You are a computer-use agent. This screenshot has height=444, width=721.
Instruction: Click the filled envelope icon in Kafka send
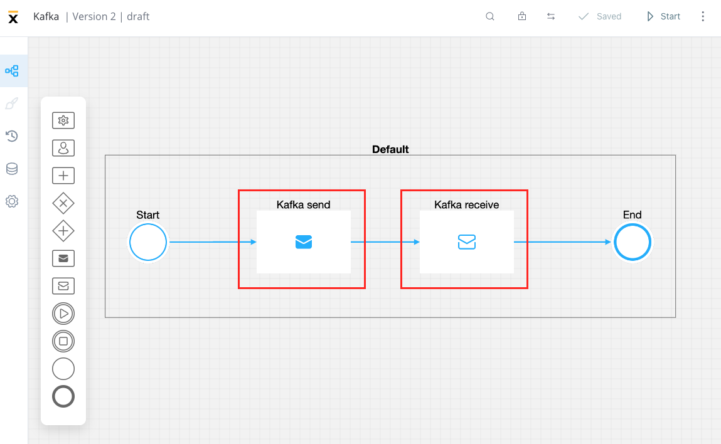pos(304,242)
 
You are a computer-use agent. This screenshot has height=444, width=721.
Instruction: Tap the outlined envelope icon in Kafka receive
pos(467,242)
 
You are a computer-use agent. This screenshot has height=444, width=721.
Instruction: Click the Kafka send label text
pos(304,204)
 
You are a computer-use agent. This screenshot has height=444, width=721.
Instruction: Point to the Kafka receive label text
pos(467,204)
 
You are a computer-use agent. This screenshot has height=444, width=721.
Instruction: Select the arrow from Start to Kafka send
pos(213,242)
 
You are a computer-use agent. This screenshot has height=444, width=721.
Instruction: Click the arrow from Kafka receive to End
pos(562,242)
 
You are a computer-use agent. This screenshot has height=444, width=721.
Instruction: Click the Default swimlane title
pos(390,149)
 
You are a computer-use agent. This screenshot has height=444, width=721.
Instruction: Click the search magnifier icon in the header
pos(490,16)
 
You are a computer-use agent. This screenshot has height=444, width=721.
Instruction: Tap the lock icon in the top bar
pos(522,16)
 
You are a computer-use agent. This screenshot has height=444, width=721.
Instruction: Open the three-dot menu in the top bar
pos(703,16)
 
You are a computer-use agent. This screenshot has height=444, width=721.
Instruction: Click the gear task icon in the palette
pos(63,120)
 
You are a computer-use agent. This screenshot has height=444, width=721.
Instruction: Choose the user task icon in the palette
pos(63,148)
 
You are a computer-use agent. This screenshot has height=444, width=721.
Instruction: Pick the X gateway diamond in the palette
pos(63,203)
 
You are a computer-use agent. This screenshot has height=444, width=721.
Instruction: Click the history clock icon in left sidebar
pos(12,136)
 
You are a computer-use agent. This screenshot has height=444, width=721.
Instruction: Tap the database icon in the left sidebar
pos(12,169)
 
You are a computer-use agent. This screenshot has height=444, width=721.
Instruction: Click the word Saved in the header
pos(609,16)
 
